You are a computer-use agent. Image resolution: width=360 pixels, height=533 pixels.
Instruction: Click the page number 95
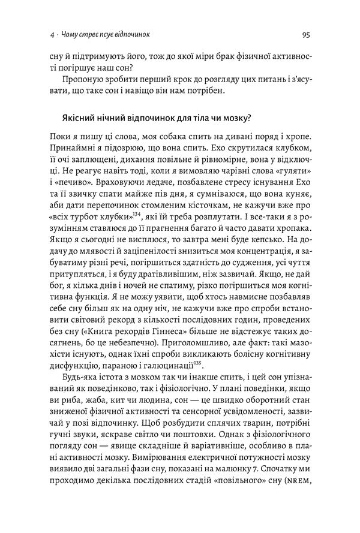click(305, 34)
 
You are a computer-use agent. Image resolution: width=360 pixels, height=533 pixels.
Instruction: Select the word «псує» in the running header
click(97, 35)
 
